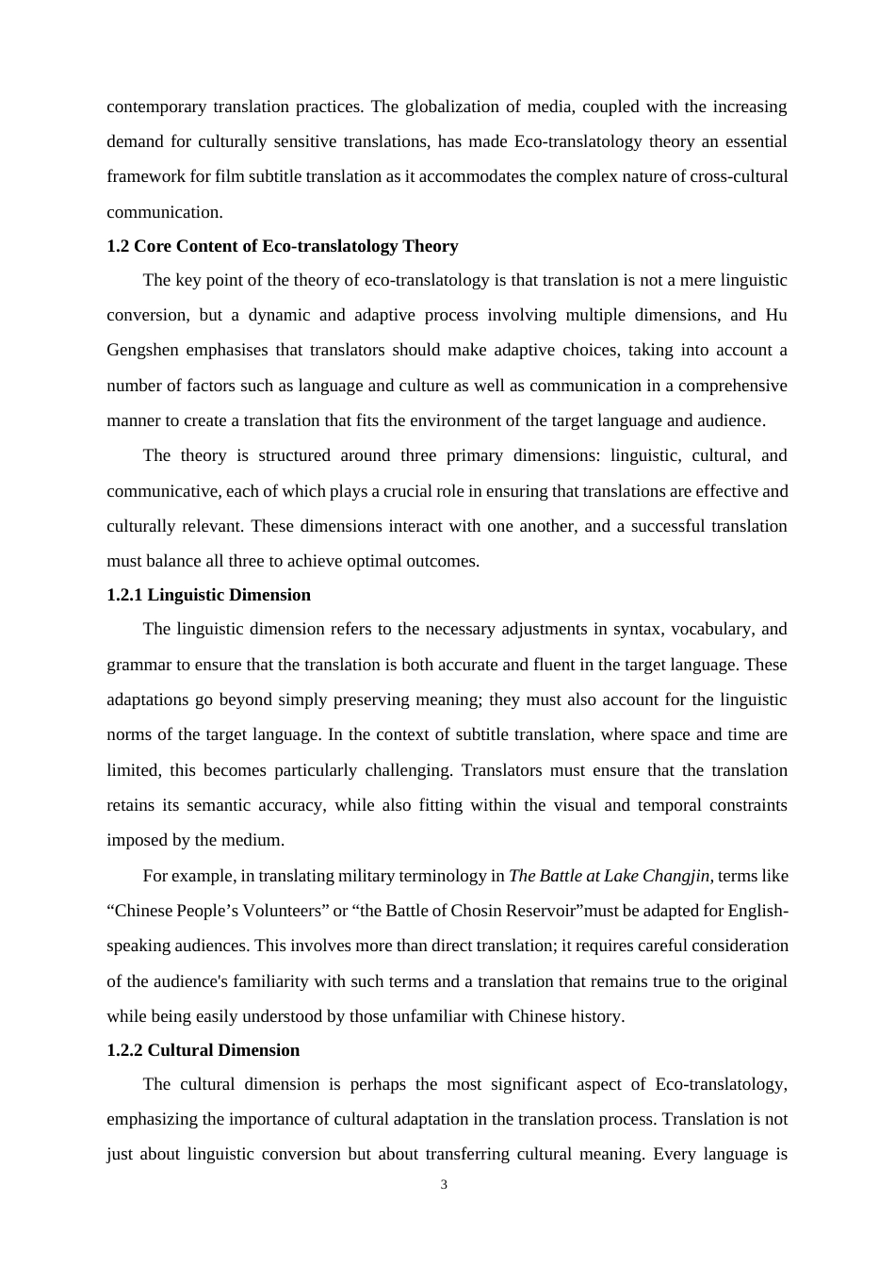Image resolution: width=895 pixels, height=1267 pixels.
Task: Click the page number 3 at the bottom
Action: (444, 1185)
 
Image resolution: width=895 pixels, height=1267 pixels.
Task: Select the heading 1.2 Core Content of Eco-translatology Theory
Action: (282, 246)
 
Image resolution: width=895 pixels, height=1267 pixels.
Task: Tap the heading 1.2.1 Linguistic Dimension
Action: (208, 595)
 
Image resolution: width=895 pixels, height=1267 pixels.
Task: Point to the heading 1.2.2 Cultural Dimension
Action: (203, 1050)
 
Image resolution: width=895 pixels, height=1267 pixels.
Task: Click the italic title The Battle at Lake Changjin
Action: (609, 876)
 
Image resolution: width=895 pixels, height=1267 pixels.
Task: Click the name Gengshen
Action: (142, 351)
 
